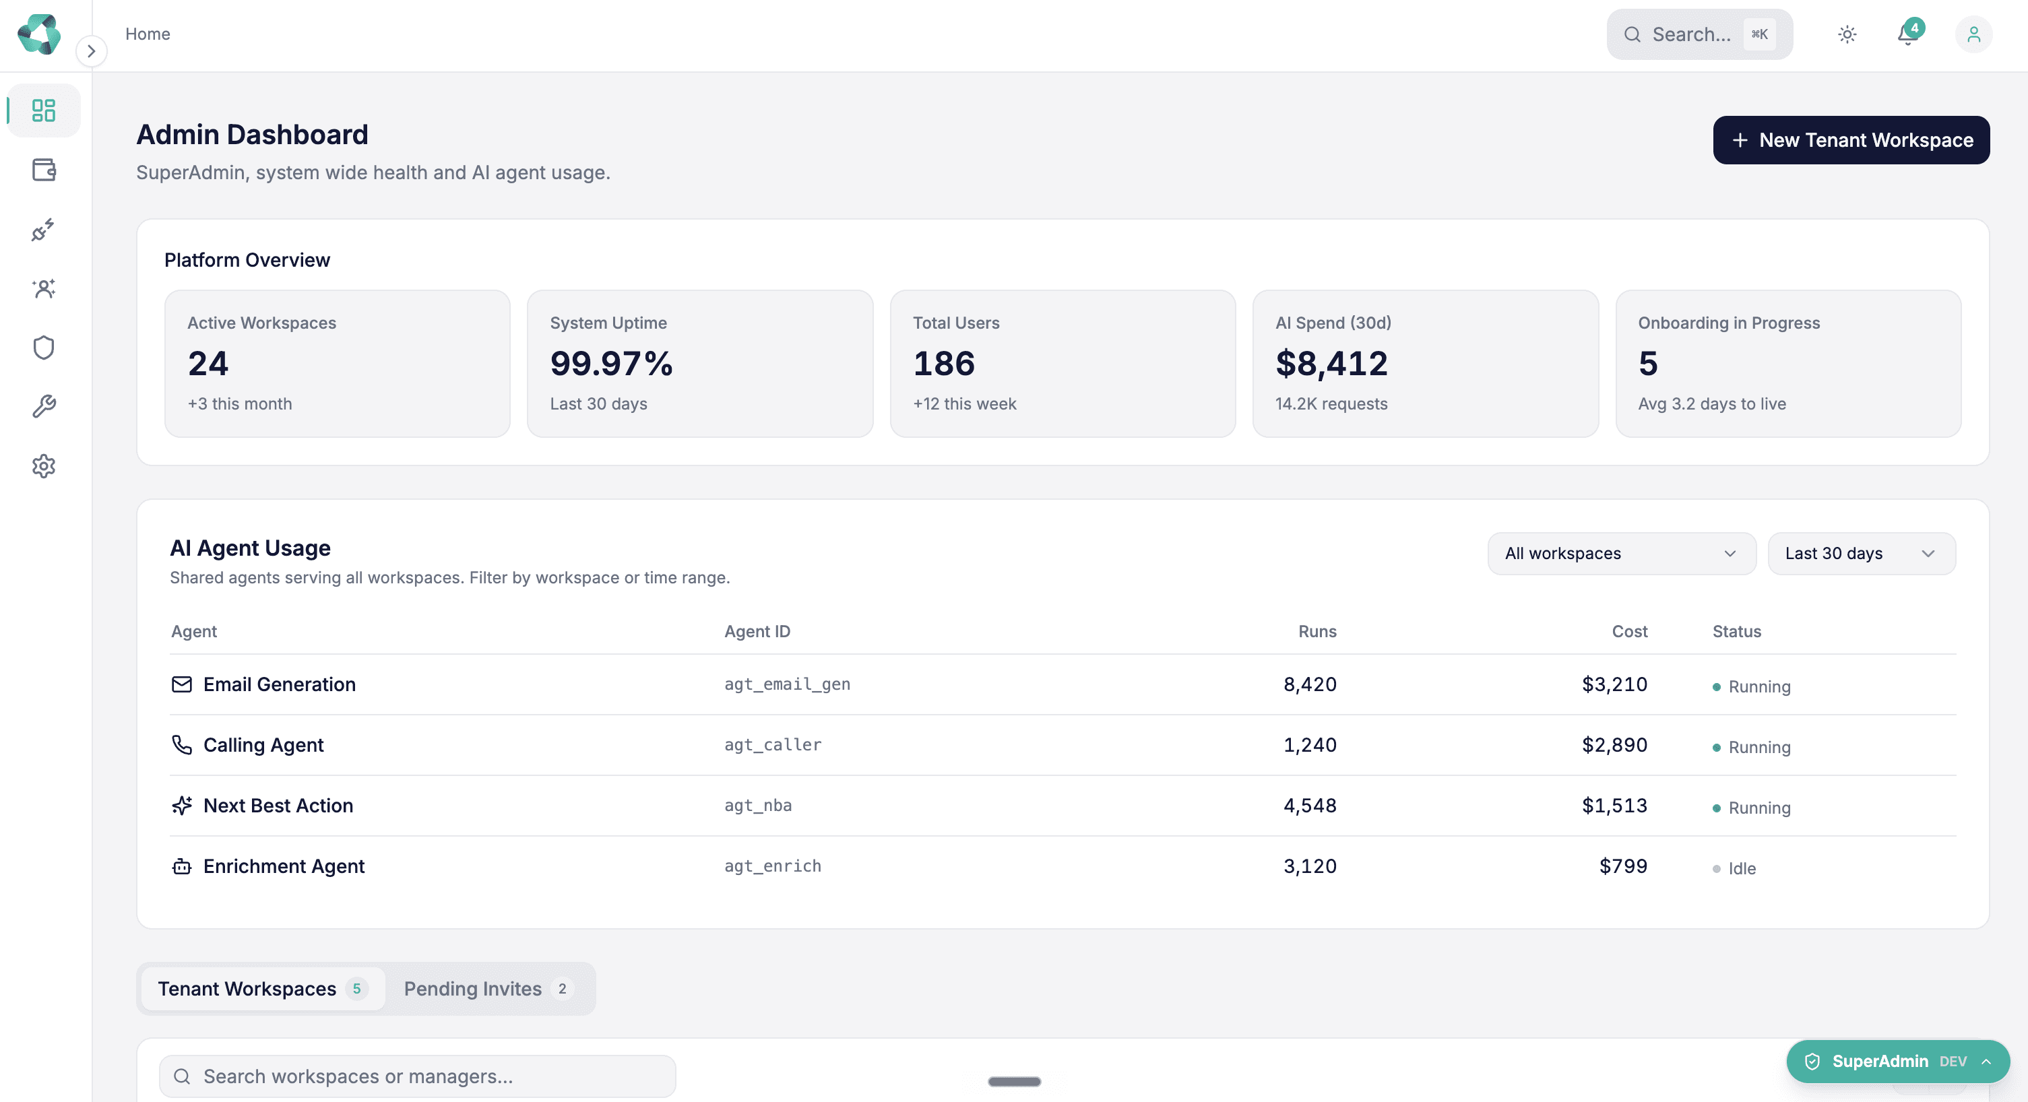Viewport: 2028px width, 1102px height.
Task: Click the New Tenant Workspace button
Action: (x=1851, y=140)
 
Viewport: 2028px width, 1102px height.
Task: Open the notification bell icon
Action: (x=1907, y=34)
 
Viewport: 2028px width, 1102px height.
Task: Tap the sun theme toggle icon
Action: (x=1847, y=34)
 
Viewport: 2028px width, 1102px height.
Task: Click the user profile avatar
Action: (x=1973, y=34)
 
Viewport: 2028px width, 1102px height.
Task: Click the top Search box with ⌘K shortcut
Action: (x=1700, y=34)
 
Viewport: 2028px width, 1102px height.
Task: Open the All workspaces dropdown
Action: (x=1622, y=554)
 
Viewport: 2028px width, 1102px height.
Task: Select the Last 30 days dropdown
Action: (x=1862, y=554)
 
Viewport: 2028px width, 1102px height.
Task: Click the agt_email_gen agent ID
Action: (x=787, y=684)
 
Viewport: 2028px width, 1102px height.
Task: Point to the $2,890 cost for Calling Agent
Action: (x=1615, y=744)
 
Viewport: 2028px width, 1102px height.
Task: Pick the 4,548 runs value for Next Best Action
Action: (x=1310, y=805)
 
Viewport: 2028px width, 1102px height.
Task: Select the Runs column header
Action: (x=1317, y=631)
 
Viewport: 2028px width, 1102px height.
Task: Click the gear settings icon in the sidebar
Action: (x=44, y=466)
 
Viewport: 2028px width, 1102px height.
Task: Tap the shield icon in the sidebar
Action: (x=44, y=347)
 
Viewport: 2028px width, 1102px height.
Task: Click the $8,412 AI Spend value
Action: (x=1331, y=363)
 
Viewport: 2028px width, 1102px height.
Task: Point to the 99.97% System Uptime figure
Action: (x=612, y=363)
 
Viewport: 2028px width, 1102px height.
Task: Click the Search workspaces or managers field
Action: (x=417, y=1076)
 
